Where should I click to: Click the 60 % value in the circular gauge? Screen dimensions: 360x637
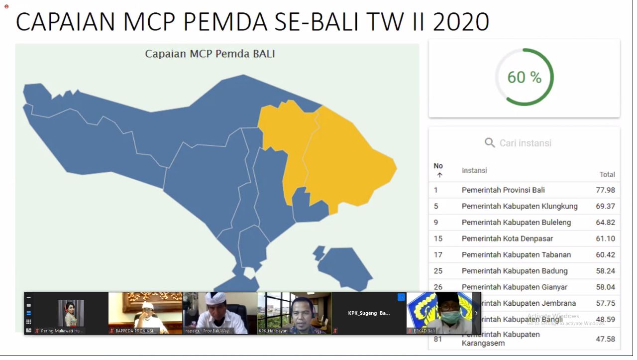pos(524,77)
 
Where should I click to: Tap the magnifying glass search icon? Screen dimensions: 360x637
pos(490,143)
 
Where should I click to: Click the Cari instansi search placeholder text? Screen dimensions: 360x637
pos(525,143)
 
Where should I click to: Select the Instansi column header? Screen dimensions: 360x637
pos(474,170)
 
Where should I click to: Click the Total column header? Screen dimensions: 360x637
pos(607,174)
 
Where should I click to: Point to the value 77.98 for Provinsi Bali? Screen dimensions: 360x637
pos(605,190)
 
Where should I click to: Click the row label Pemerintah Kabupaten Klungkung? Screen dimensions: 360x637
pos(520,206)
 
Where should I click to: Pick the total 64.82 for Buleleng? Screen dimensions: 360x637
pos(605,223)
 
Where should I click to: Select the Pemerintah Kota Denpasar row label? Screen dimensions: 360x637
pos(507,239)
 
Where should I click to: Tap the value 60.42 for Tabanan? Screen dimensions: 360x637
pos(605,255)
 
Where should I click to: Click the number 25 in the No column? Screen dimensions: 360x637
pos(438,271)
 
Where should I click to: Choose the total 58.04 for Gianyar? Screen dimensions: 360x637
pos(605,287)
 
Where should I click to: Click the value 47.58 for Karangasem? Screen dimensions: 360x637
pos(605,339)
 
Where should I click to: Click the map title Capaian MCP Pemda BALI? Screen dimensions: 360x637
pos(210,54)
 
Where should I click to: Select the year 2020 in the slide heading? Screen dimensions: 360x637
pos(461,22)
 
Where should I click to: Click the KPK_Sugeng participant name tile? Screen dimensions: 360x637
pos(369,313)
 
